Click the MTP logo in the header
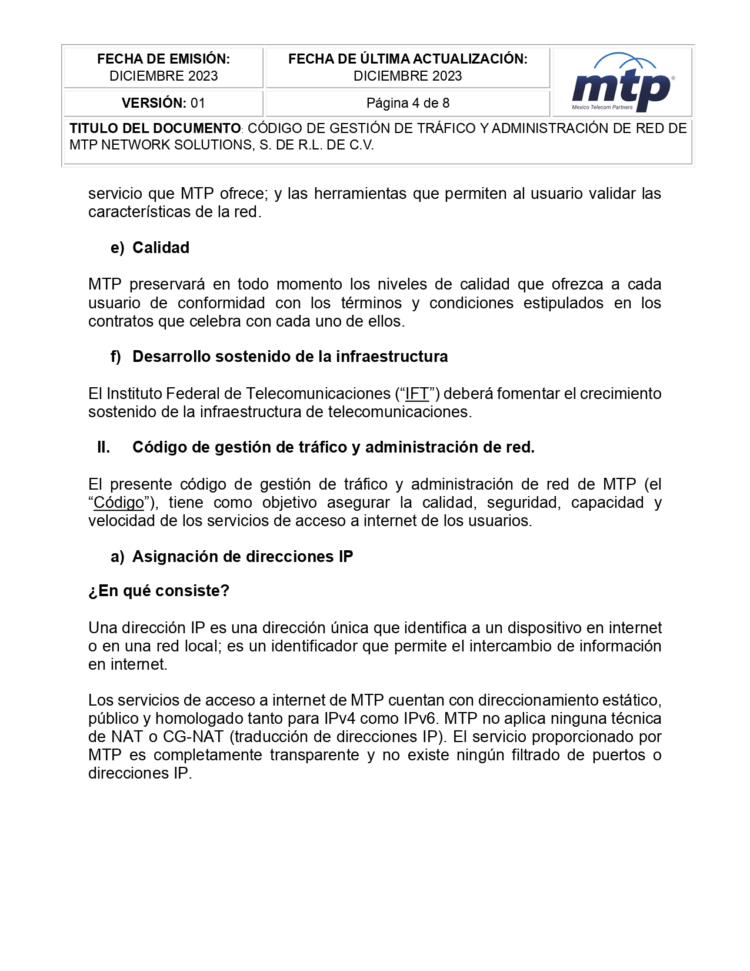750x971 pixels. (x=622, y=84)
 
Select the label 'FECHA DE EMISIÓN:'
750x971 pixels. (x=163, y=59)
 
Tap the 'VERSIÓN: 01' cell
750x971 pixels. (x=163, y=103)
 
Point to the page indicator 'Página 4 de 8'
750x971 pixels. (x=408, y=103)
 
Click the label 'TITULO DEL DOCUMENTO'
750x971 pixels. (x=155, y=128)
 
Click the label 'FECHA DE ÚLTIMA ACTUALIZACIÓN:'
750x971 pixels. (x=408, y=59)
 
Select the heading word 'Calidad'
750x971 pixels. (x=161, y=248)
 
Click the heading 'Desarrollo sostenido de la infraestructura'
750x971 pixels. (x=290, y=357)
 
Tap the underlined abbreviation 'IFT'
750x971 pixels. (x=417, y=394)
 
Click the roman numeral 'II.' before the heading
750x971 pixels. (x=104, y=447)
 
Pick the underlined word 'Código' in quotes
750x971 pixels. (x=119, y=503)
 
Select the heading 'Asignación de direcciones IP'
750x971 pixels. (x=242, y=557)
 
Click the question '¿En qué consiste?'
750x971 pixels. (x=159, y=591)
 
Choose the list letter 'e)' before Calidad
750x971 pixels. (x=117, y=248)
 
